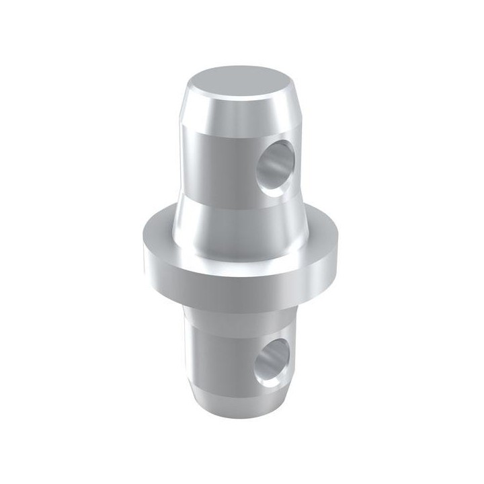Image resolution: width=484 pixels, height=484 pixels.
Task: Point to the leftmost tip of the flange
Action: pyautogui.click(x=142, y=249)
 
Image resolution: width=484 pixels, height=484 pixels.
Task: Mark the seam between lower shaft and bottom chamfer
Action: pyautogui.click(x=229, y=389)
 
